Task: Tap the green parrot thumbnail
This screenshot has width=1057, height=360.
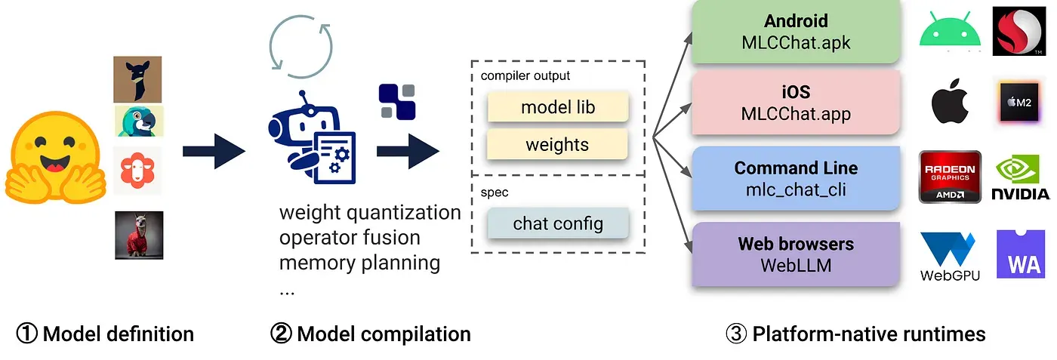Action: (138, 121)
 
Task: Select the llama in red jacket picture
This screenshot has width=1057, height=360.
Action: (139, 235)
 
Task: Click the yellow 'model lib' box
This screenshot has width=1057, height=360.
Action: (557, 107)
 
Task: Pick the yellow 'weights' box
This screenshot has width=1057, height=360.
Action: (557, 144)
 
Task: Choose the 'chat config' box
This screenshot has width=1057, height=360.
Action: (557, 223)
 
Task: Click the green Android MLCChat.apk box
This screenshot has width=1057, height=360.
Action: (796, 31)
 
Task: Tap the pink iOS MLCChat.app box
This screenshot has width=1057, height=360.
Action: (796, 103)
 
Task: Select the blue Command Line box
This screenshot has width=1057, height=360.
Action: (796, 179)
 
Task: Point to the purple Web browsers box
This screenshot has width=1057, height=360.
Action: (796, 254)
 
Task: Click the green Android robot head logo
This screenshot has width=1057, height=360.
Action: (950, 30)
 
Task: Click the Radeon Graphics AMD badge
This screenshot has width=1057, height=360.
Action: (950, 177)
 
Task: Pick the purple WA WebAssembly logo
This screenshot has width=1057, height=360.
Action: (1022, 254)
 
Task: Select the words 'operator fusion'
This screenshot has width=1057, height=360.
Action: (349, 238)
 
